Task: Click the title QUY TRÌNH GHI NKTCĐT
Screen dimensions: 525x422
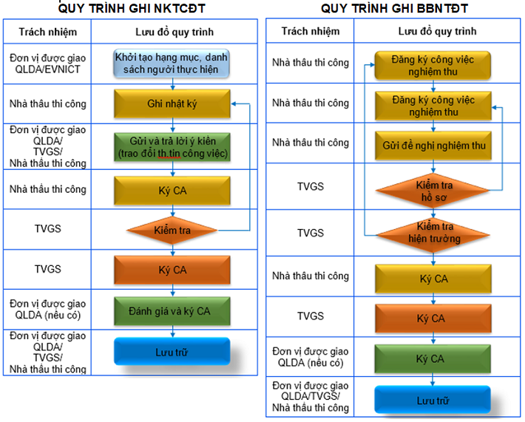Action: coord(132,8)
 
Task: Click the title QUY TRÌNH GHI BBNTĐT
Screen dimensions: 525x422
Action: coord(394,8)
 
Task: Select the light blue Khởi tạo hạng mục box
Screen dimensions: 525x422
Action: coord(172,64)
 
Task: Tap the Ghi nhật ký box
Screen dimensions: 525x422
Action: coord(172,103)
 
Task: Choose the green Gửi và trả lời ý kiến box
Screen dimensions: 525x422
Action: coord(172,147)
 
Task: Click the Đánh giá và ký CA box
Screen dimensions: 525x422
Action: coord(172,311)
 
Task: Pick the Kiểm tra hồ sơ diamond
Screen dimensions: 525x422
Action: coord(433,191)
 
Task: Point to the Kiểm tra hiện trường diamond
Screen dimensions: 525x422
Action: coord(433,235)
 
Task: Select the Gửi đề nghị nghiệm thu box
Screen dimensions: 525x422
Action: coord(433,146)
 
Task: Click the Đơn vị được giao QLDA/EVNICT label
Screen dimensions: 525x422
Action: coord(47,64)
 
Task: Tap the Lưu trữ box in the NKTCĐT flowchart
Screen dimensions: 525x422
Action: coord(172,351)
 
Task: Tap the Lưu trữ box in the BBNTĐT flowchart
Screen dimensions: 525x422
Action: coord(433,400)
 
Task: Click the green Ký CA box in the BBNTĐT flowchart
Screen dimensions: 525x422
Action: coord(433,358)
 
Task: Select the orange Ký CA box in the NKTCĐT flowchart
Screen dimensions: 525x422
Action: coord(172,270)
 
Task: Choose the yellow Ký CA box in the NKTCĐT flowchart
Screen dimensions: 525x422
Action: coord(172,191)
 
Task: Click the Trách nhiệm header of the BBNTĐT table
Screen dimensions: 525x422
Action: coord(311,31)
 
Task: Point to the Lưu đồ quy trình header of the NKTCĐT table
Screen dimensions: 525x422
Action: coord(175,32)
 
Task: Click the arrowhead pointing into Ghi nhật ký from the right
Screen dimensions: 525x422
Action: coord(234,103)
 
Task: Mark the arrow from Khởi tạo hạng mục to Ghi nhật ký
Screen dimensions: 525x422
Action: coord(173,84)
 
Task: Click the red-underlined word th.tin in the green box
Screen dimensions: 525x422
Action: coord(166,154)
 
